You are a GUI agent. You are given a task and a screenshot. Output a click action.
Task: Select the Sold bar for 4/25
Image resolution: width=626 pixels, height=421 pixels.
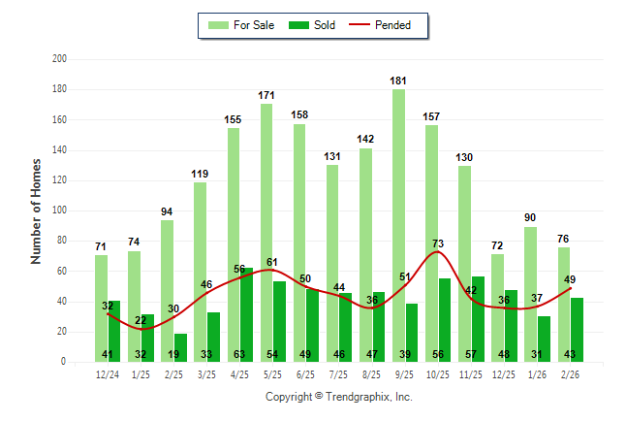click(247, 310)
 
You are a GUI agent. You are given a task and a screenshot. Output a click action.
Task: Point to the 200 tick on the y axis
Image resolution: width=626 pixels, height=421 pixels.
click(59, 59)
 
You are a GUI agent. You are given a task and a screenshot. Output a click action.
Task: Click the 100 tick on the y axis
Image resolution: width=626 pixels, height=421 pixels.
click(59, 210)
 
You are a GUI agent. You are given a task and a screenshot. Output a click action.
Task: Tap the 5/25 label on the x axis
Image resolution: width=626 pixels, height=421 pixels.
click(273, 373)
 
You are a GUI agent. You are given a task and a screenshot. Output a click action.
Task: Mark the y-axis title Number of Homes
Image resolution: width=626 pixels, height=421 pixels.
click(37, 210)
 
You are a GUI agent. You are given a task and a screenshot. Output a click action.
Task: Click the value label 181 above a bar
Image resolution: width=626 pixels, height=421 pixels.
click(398, 81)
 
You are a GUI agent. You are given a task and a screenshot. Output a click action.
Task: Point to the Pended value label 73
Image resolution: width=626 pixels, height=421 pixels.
click(438, 243)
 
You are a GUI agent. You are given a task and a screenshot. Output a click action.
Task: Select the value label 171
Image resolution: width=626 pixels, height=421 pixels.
click(266, 95)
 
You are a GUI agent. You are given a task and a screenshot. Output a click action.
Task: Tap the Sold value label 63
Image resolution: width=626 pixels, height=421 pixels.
click(240, 354)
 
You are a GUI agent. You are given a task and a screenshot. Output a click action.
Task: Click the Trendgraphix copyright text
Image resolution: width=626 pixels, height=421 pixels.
click(338, 397)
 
